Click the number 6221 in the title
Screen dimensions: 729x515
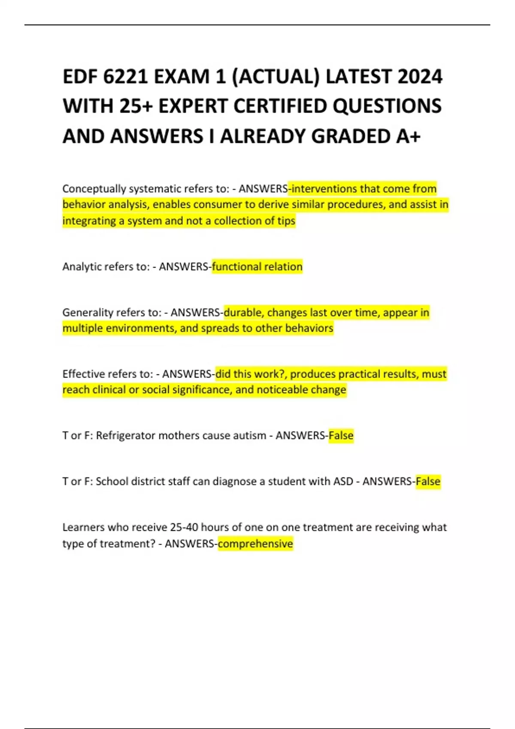[125, 77]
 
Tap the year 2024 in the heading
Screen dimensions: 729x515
[420, 77]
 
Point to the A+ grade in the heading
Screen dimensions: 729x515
[408, 136]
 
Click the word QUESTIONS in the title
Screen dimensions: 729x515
[387, 107]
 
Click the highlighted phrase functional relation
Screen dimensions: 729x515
[257, 267]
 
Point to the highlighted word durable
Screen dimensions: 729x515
[242, 313]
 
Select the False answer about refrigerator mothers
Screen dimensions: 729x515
[341, 436]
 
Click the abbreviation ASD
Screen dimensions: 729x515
[343, 482]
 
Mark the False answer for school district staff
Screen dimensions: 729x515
[428, 482]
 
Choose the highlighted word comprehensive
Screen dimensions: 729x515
[255, 544]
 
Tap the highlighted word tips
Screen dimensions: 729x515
[286, 221]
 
